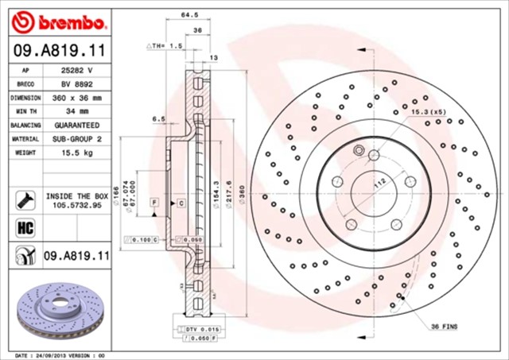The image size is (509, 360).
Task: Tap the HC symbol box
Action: click(x=23, y=227)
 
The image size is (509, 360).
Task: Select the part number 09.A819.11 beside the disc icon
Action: click(x=76, y=256)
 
